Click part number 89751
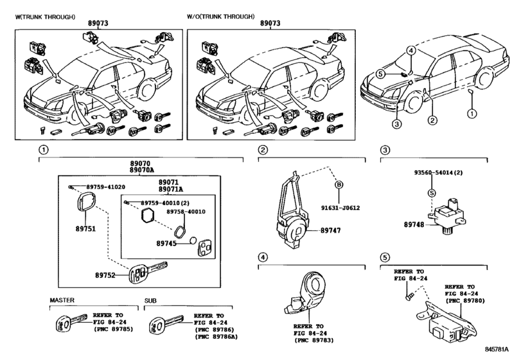point(85,229)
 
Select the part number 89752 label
point(105,275)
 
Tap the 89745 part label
point(166,244)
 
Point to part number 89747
point(331,230)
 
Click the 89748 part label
point(414,225)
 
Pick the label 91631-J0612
point(340,208)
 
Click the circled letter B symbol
point(339,184)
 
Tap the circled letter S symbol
point(432,193)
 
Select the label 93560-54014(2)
point(438,172)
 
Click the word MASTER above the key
point(62,300)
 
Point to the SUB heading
point(150,301)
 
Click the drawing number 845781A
point(497,349)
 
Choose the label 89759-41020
point(105,187)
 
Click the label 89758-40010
point(186,212)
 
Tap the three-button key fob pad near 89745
point(205,248)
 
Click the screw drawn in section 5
point(409,296)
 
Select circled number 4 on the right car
point(411,51)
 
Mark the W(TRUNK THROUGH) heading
point(45,17)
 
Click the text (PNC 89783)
point(313,340)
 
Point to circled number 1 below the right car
point(472,114)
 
